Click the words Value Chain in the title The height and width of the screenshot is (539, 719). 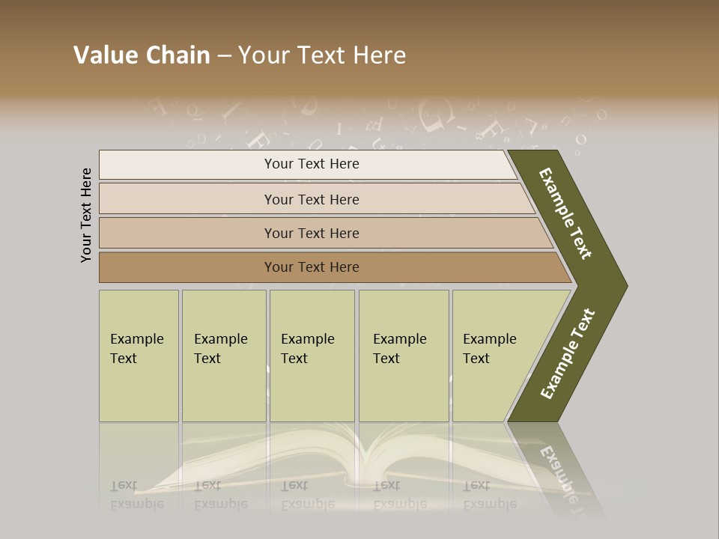(x=142, y=55)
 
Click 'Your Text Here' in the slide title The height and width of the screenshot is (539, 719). (x=322, y=55)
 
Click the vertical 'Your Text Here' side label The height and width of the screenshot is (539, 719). (x=86, y=215)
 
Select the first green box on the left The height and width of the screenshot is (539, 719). (x=139, y=356)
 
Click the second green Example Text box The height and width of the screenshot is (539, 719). (x=223, y=356)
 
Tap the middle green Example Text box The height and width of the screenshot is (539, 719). (x=312, y=356)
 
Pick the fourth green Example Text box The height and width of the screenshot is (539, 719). (x=403, y=356)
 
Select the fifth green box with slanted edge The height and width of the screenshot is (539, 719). (x=494, y=356)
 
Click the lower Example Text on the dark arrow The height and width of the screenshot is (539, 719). (x=567, y=354)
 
